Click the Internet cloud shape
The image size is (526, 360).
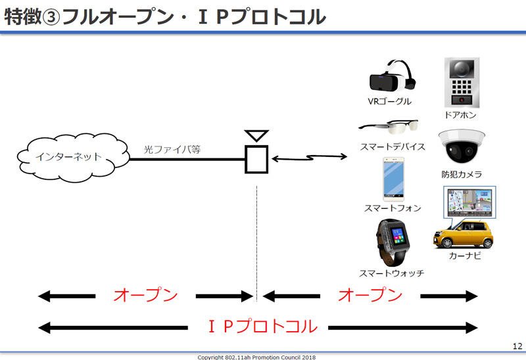pyautogui.click(x=73, y=158)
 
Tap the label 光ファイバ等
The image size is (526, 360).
pyautogui.click(x=172, y=149)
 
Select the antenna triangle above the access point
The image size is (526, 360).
pyautogui.click(x=256, y=136)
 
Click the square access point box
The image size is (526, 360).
pyautogui.click(x=256, y=159)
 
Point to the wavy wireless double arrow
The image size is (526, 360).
pyautogui.click(x=309, y=157)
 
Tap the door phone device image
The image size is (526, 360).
pyautogui.click(x=462, y=83)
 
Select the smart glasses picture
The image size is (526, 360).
pyautogui.click(x=389, y=126)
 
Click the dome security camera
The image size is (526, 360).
pyautogui.click(x=462, y=146)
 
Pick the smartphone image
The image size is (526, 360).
pyautogui.click(x=393, y=179)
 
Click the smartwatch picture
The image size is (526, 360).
pyautogui.click(x=393, y=242)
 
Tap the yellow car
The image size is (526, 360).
pyautogui.click(x=463, y=235)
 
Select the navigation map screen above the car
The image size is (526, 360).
pyautogui.click(x=469, y=203)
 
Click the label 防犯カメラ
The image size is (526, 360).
pyautogui.click(x=462, y=174)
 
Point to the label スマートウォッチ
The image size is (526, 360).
pyautogui.click(x=391, y=273)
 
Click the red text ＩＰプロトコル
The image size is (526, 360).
pyautogui.click(x=262, y=326)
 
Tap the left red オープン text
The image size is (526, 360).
pyautogui.click(x=145, y=295)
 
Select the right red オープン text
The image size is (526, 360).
pyautogui.click(x=370, y=295)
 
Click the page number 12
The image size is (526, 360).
pyautogui.click(x=517, y=346)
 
